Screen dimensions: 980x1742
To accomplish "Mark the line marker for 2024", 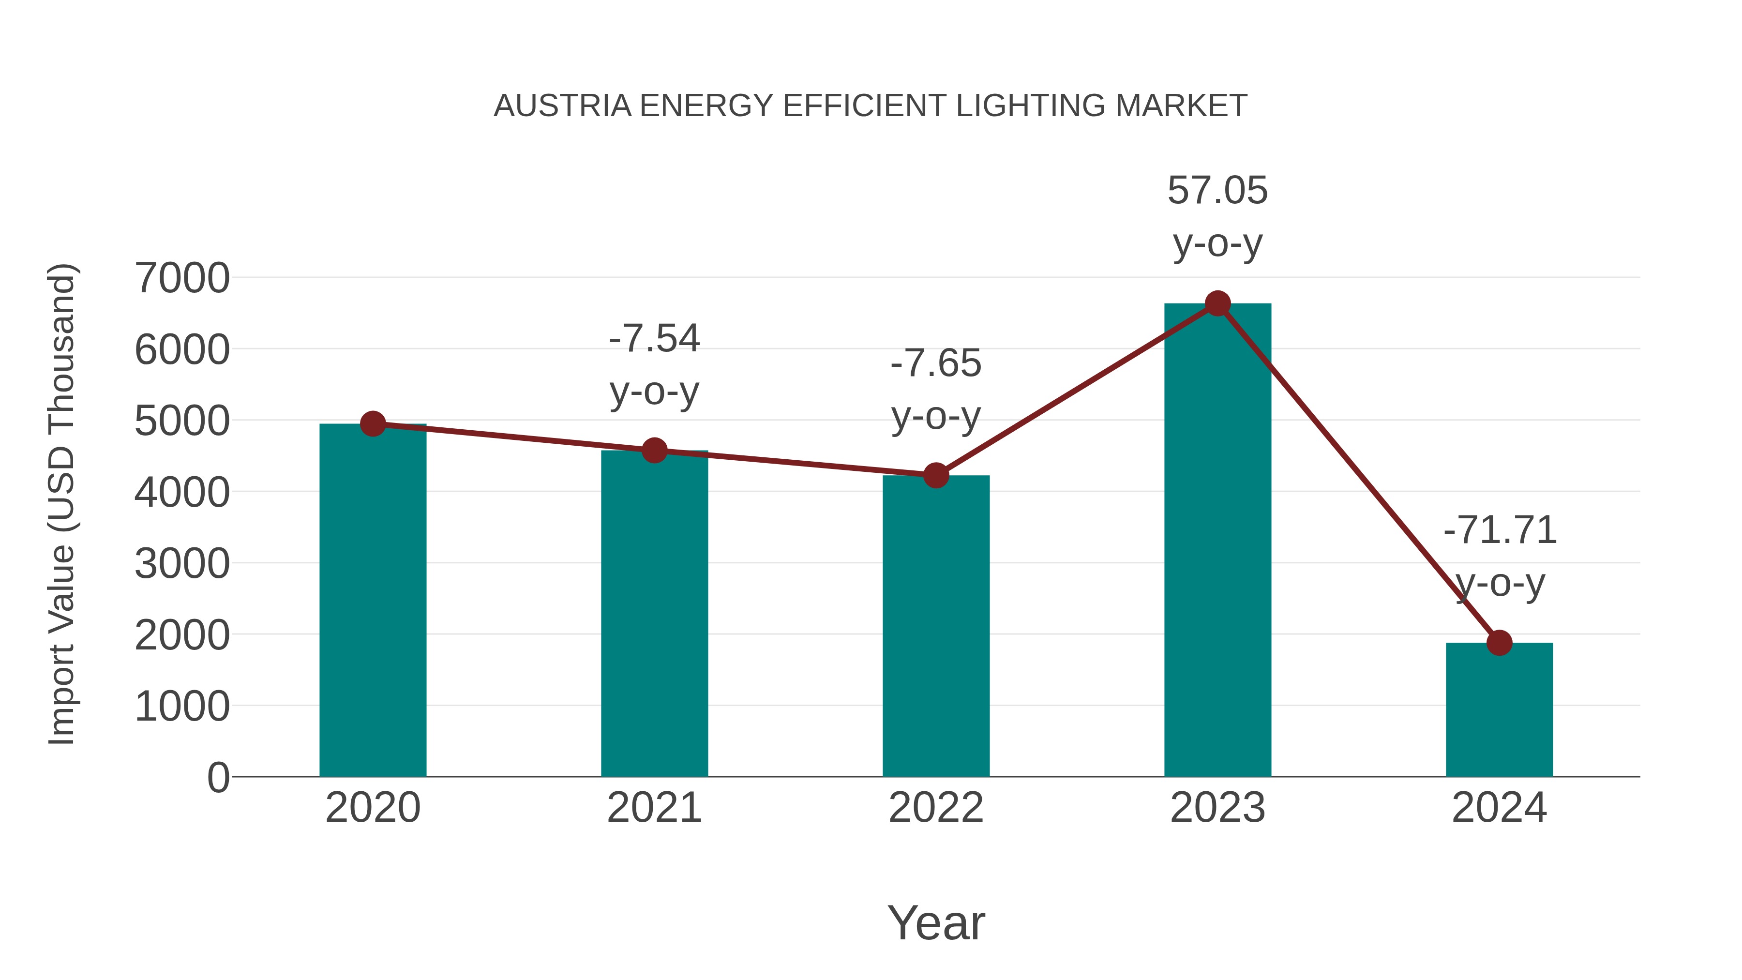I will (1499, 643).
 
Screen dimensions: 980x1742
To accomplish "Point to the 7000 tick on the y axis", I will (182, 278).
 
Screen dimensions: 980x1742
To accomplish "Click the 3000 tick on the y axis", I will (182, 563).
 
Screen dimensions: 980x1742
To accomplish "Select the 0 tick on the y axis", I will (218, 778).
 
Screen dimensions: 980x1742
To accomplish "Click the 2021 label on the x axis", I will (654, 808).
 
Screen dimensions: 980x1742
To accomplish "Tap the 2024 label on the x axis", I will (1499, 808).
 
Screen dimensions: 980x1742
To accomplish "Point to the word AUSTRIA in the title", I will (563, 106).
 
